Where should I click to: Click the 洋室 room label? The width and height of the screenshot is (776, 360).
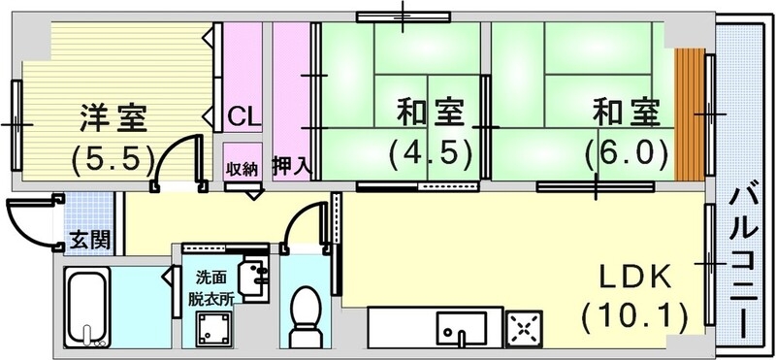click(113, 117)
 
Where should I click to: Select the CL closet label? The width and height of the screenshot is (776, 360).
click(243, 118)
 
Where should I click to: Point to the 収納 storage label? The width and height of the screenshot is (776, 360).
click(242, 168)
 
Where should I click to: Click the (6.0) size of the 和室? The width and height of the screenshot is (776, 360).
click(626, 152)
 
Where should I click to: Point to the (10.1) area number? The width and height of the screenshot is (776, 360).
click(634, 315)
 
